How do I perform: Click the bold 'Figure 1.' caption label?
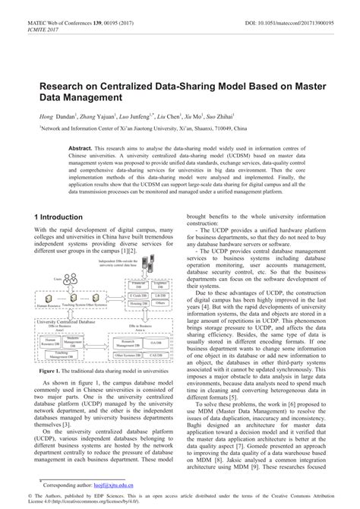(x=52, y=373)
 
